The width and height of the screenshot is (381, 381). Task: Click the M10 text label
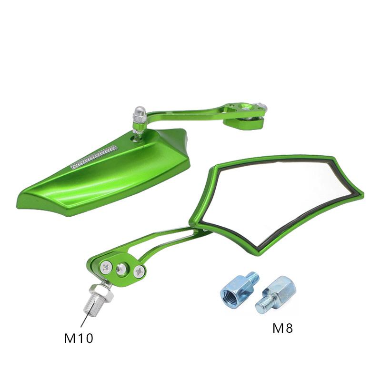coord(79,338)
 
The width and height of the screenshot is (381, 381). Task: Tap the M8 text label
coord(282,328)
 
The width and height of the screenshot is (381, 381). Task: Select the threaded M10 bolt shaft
coord(91,307)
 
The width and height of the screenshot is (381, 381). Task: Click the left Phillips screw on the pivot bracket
coord(106,268)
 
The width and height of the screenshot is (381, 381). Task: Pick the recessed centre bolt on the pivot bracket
coord(121,269)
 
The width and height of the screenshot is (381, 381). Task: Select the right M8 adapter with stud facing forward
coord(276,294)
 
